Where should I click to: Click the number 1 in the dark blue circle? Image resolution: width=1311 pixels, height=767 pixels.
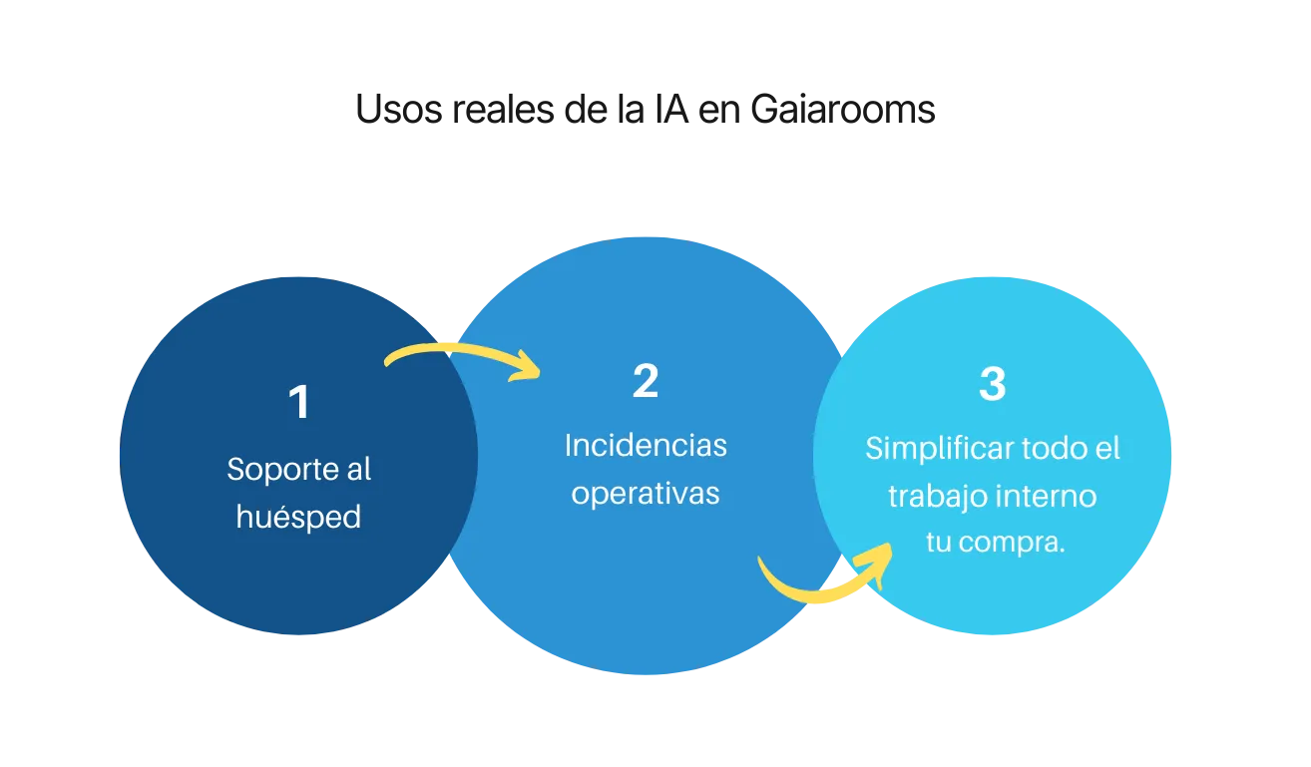[x=298, y=403]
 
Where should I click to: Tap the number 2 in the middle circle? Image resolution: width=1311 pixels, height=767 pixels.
[x=646, y=381]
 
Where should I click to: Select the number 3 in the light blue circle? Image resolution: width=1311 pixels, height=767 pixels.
[x=992, y=384]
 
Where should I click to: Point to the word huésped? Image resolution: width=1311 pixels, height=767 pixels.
[x=298, y=519]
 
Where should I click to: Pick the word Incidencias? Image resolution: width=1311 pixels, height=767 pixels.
[x=646, y=445]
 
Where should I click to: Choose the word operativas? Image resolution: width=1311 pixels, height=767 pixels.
[x=646, y=494]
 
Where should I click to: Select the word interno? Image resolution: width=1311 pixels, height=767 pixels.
[x=1048, y=496]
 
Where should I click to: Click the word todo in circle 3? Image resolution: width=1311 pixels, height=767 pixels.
[x=1054, y=449]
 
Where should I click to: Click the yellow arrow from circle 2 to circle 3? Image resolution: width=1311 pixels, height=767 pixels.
[x=823, y=583]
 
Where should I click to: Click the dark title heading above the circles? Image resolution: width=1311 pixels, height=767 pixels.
[x=646, y=110]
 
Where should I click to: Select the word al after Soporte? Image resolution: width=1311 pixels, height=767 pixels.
[x=356, y=469]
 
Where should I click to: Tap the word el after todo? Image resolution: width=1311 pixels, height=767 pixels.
[x=1107, y=449]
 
